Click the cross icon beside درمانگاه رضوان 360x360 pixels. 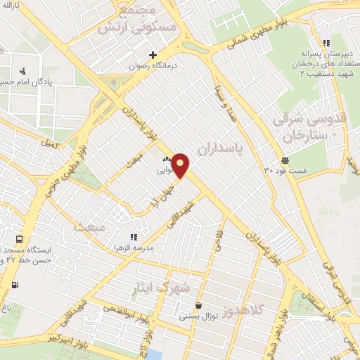(153, 55)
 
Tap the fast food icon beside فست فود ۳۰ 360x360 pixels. (285, 160)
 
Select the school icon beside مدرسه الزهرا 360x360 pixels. (132, 238)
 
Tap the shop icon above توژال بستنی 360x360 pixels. (200, 306)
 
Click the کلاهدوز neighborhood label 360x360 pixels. (246, 309)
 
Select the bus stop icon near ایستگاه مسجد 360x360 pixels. (18, 238)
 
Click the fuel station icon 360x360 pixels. (15, 285)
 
